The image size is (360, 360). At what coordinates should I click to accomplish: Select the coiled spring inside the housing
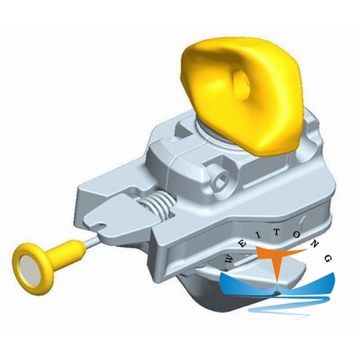pos(162,210)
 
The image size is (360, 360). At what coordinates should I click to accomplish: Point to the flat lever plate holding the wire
pos(122,223)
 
